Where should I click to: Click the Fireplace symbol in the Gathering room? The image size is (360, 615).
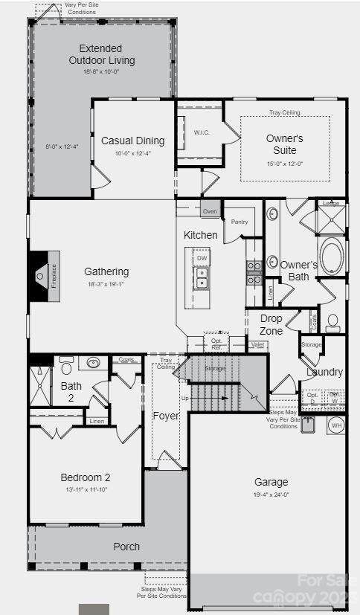pos(44,276)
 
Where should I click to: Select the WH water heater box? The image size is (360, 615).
pos(335,425)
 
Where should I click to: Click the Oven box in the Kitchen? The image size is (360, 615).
pos(210,210)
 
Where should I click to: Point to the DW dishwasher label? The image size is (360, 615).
pos(202,258)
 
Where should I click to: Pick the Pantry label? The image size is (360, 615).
pos(240,222)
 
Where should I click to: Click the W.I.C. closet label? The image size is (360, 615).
pos(201,132)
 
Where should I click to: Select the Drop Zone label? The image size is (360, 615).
pos(271,325)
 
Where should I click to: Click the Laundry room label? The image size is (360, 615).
pos(325,372)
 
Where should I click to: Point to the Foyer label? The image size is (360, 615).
pos(165,416)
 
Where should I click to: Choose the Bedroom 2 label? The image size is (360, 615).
pos(86,477)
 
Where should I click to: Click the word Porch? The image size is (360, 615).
pos(126,547)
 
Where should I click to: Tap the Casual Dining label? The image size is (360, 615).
pos(133,141)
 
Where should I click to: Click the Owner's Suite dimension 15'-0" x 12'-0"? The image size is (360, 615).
pos(285,164)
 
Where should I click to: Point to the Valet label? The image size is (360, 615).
pos(257,344)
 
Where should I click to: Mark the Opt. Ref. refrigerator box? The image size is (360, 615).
pos(216,343)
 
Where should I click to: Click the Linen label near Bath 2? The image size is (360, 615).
pos(96,421)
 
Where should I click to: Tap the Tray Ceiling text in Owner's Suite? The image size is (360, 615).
pos(285,112)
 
